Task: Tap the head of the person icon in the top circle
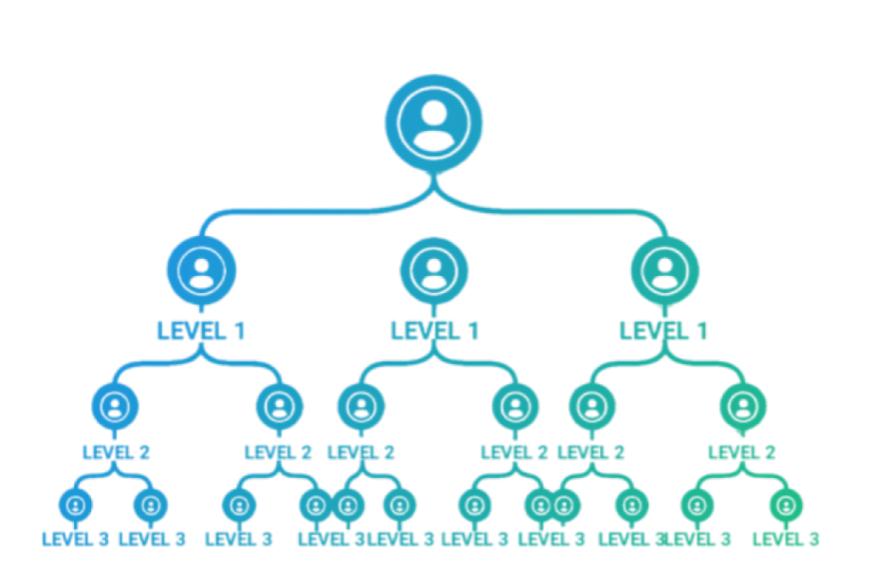(434, 113)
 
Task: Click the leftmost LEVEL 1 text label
(201, 330)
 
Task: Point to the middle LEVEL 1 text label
(434, 330)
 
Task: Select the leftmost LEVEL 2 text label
(116, 452)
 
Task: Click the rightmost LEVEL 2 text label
(742, 452)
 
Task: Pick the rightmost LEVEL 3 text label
(786, 538)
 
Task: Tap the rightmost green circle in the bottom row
(786, 505)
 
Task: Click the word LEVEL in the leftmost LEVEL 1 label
(189, 330)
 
